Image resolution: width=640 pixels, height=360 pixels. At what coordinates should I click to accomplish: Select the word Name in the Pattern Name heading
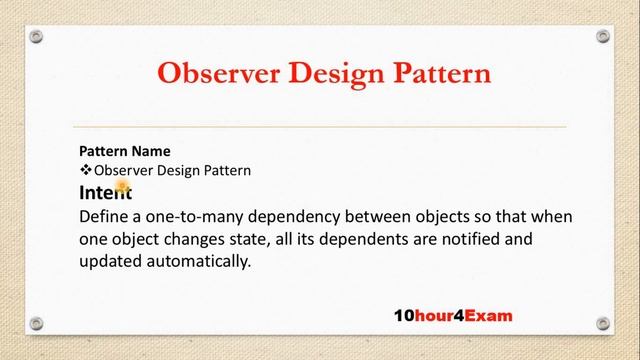pyautogui.click(x=150, y=151)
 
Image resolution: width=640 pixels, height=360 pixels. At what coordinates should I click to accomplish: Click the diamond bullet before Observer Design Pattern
pyautogui.click(x=85, y=170)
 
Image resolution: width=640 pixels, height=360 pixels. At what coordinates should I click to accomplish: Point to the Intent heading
pyautogui.click(x=104, y=193)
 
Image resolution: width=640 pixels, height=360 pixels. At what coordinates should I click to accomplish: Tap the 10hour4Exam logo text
pyautogui.click(x=452, y=315)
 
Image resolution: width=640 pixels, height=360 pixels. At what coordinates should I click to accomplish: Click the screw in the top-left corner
pyautogui.click(x=37, y=36)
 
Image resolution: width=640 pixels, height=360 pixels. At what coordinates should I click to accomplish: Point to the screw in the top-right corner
pyautogui.click(x=603, y=36)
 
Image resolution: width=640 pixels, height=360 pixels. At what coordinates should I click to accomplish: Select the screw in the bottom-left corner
pyautogui.click(x=37, y=323)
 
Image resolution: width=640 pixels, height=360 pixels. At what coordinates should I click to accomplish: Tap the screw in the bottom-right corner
pyautogui.click(x=603, y=323)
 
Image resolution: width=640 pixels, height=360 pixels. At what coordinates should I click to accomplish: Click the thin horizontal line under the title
pyautogui.click(x=320, y=127)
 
